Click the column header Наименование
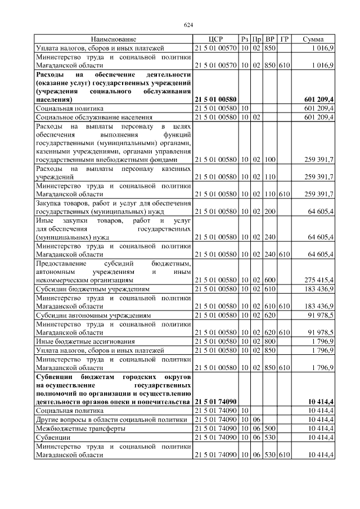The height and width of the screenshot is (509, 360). click(114, 39)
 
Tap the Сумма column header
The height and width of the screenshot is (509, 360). click(313, 39)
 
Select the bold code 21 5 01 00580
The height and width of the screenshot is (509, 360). click(215, 99)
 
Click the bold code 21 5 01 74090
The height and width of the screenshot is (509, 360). click(215, 402)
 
